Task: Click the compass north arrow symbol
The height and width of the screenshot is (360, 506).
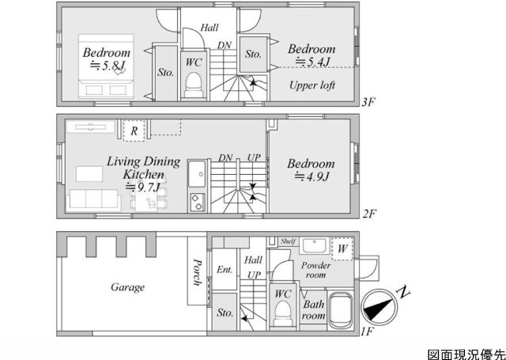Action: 379,307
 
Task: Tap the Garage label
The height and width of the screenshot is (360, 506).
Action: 127,287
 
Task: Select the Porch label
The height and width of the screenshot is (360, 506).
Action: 197,272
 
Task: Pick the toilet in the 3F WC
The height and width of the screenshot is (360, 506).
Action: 194,85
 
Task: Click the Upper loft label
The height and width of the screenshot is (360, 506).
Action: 312,85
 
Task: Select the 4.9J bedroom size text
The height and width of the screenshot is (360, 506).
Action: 312,176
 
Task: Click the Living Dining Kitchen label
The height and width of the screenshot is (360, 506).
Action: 143,168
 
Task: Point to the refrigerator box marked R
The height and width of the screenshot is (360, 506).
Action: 134,131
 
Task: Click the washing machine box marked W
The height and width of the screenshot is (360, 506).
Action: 342,248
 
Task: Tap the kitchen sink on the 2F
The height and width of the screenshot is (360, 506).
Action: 197,174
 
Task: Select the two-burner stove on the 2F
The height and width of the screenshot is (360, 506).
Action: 197,202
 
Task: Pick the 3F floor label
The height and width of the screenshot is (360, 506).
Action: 368,103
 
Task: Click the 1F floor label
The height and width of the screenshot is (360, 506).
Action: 368,332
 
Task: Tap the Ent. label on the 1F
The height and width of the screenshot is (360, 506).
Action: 225,270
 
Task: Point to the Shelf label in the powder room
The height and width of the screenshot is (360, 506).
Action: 288,241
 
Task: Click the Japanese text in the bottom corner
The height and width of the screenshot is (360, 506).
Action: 466,354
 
